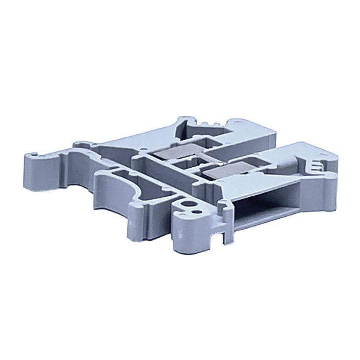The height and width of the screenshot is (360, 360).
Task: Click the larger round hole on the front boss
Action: (189, 204)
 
